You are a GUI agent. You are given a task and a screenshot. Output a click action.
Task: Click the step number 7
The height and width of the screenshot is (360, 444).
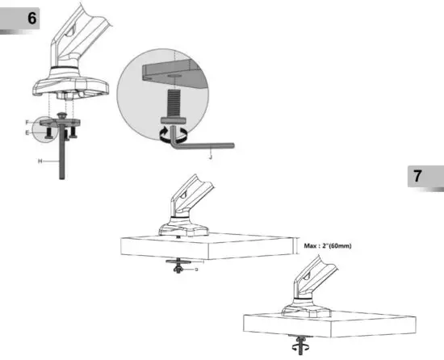417,176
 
